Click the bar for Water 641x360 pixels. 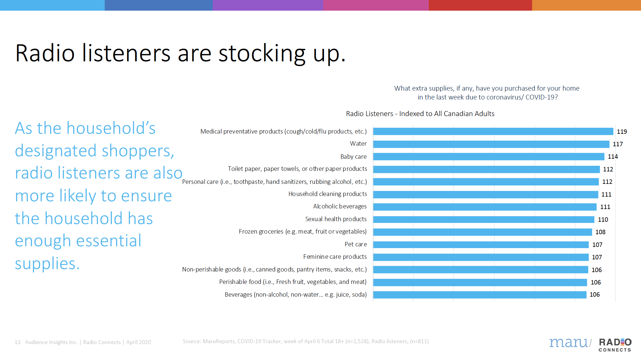tap(491, 144)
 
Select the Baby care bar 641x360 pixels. tap(489, 157)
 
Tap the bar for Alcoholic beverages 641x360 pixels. tap(485, 207)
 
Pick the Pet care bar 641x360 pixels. tap(481, 245)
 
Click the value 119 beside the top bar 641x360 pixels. tap(622, 132)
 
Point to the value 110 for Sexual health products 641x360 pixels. tap(603, 220)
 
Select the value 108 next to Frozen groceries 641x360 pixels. tap(600, 232)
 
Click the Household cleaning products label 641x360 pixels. tap(328, 194)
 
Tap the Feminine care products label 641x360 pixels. tap(335, 257)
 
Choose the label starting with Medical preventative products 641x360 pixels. tap(283, 131)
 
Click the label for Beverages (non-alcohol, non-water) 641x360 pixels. tap(295, 295)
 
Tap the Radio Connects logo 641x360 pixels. tap(615, 345)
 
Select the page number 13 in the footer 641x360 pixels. tap(17, 342)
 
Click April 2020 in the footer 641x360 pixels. tap(138, 342)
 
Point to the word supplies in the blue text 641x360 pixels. tap(47, 263)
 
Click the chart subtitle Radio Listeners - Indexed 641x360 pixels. tap(420, 114)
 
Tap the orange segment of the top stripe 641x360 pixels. tap(586, 5)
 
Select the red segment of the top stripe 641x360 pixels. tap(480, 5)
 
